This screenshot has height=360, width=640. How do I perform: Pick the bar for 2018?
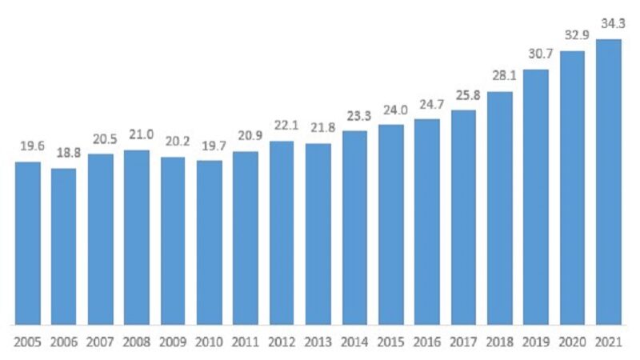point(500,208)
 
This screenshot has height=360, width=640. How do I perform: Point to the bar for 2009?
point(173,241)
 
